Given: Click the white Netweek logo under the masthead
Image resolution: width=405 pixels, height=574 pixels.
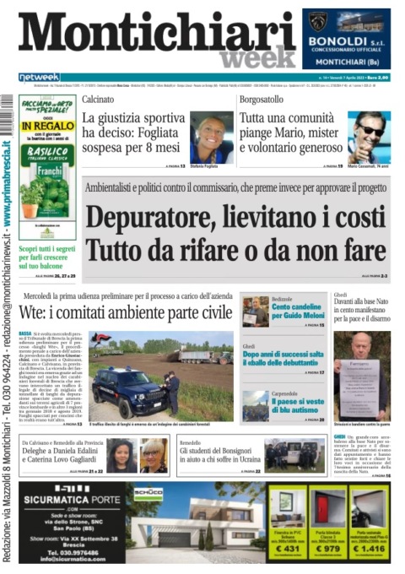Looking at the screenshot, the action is (x=39, y=77).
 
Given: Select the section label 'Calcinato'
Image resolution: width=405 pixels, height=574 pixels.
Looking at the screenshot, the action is (x=99, y=99).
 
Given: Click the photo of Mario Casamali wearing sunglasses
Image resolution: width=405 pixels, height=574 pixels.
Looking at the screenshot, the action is (x=369, y=136).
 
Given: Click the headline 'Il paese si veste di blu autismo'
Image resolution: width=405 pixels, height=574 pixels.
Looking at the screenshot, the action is (x=300, y=404).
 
